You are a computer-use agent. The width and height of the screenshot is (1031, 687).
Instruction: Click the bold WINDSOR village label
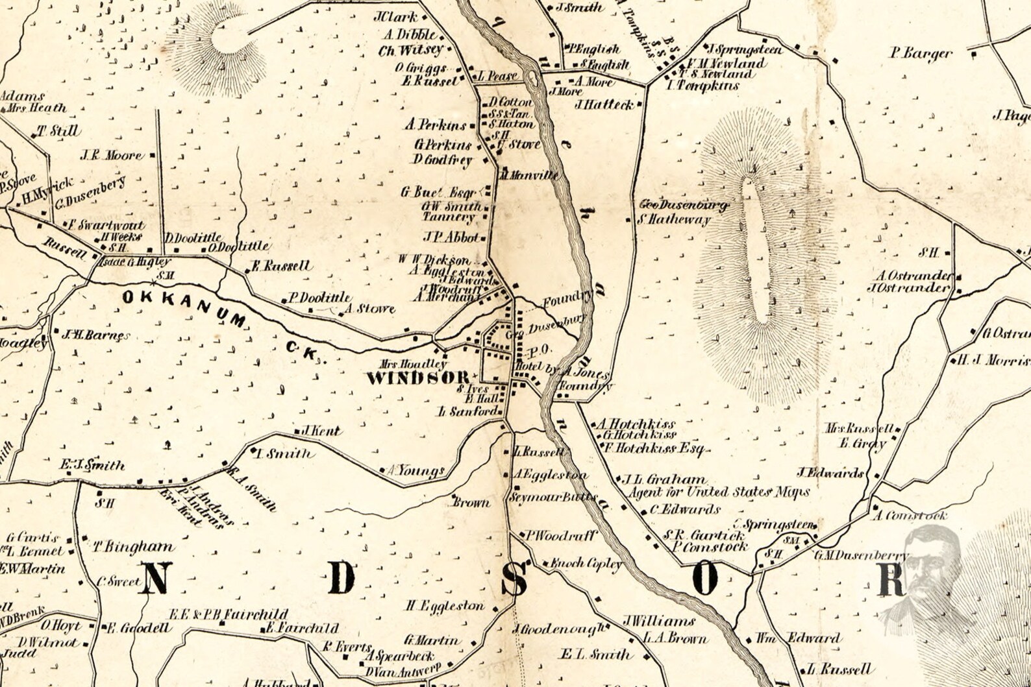point(417,378)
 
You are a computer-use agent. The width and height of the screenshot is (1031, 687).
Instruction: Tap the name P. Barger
point(921,53)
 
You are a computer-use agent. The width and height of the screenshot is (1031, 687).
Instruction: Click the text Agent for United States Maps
point(719,492)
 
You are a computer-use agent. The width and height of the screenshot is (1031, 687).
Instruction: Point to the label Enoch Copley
point(586,564)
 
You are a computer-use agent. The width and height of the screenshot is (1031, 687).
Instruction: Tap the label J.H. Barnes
point(95,335)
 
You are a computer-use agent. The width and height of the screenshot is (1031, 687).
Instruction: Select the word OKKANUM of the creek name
point(186,306)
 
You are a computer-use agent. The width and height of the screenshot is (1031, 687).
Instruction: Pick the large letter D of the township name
point(342,578)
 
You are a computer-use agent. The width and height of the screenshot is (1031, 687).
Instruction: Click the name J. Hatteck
point(604,104)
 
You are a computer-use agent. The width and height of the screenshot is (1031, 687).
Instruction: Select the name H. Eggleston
point(445,606)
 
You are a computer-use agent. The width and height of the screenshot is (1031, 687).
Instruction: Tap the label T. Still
point(58,131)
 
